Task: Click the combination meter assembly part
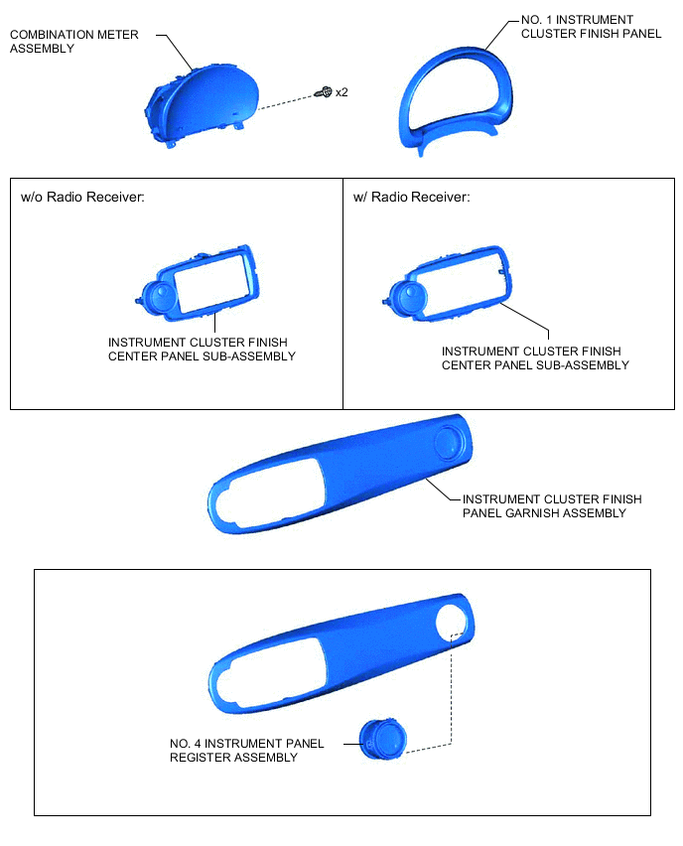202,105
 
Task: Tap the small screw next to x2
324,92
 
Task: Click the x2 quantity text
341,92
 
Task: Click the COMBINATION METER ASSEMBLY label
73,42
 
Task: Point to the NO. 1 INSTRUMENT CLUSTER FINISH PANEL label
591,27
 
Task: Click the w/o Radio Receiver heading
82,197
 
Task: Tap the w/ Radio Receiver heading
411,197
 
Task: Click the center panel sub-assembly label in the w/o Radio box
202,350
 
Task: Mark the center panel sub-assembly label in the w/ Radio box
535,358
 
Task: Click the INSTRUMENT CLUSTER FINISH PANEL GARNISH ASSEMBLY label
552,506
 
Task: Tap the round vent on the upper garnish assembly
449,443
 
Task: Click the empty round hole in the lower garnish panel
452,622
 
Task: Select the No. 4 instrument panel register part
382,739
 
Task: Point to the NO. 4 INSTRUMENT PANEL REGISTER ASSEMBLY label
246,751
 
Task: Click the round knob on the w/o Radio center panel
160,297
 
